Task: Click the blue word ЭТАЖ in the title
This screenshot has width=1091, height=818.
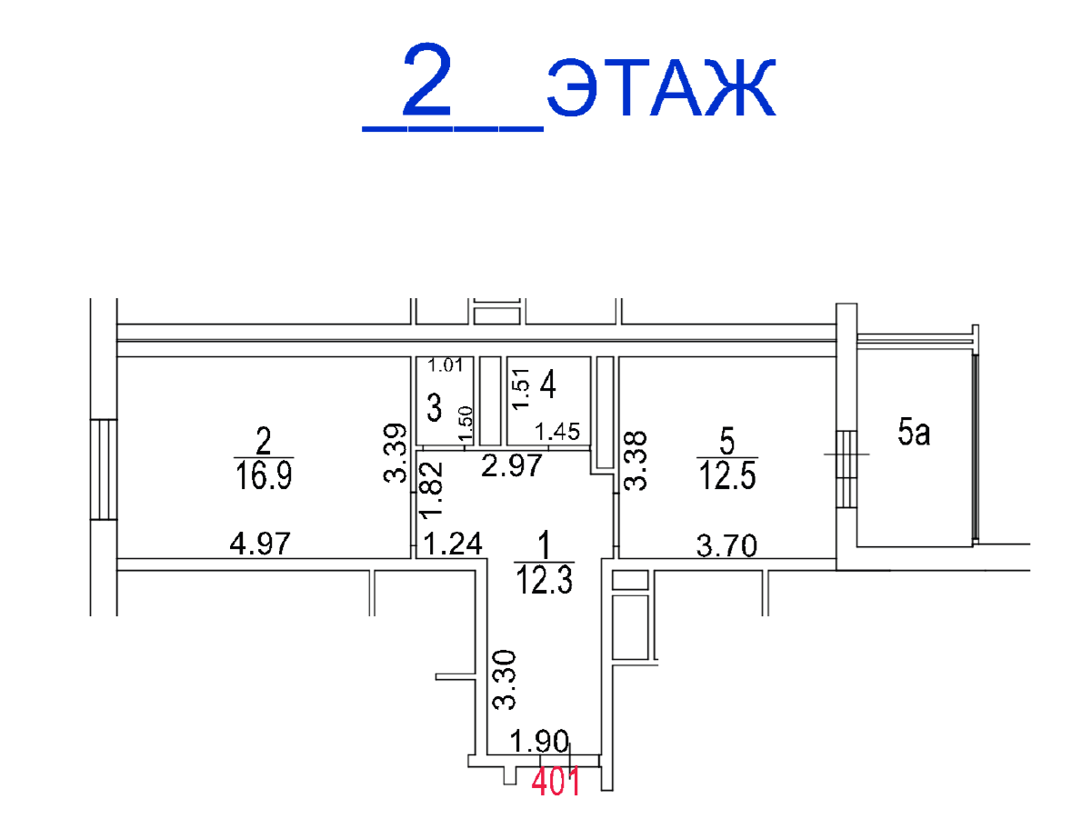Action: [x=661, y=87]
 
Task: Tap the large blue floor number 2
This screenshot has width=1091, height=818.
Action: [x=427, y=80]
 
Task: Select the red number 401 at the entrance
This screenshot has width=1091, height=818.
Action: [x=556, y=782]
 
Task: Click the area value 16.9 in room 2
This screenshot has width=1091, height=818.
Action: [x=264, y=474]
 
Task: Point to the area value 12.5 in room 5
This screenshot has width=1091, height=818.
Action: [x=727, y=475]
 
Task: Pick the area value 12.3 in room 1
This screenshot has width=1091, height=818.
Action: [x=545, y=580]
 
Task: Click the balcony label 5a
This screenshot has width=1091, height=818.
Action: [x=914, y=432]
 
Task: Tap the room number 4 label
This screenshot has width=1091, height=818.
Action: [x=547, y=384]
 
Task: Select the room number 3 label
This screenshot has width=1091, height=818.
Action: [x=434, y=407]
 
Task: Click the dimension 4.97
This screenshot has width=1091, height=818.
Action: [x=259, y=544]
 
